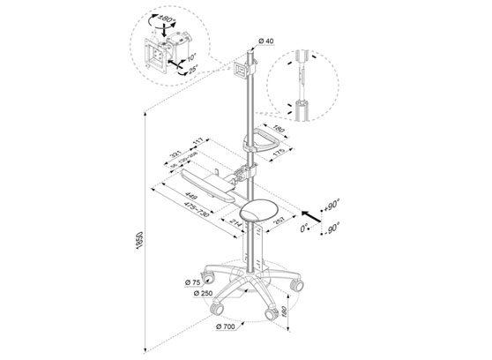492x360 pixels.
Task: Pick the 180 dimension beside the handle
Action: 280,131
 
